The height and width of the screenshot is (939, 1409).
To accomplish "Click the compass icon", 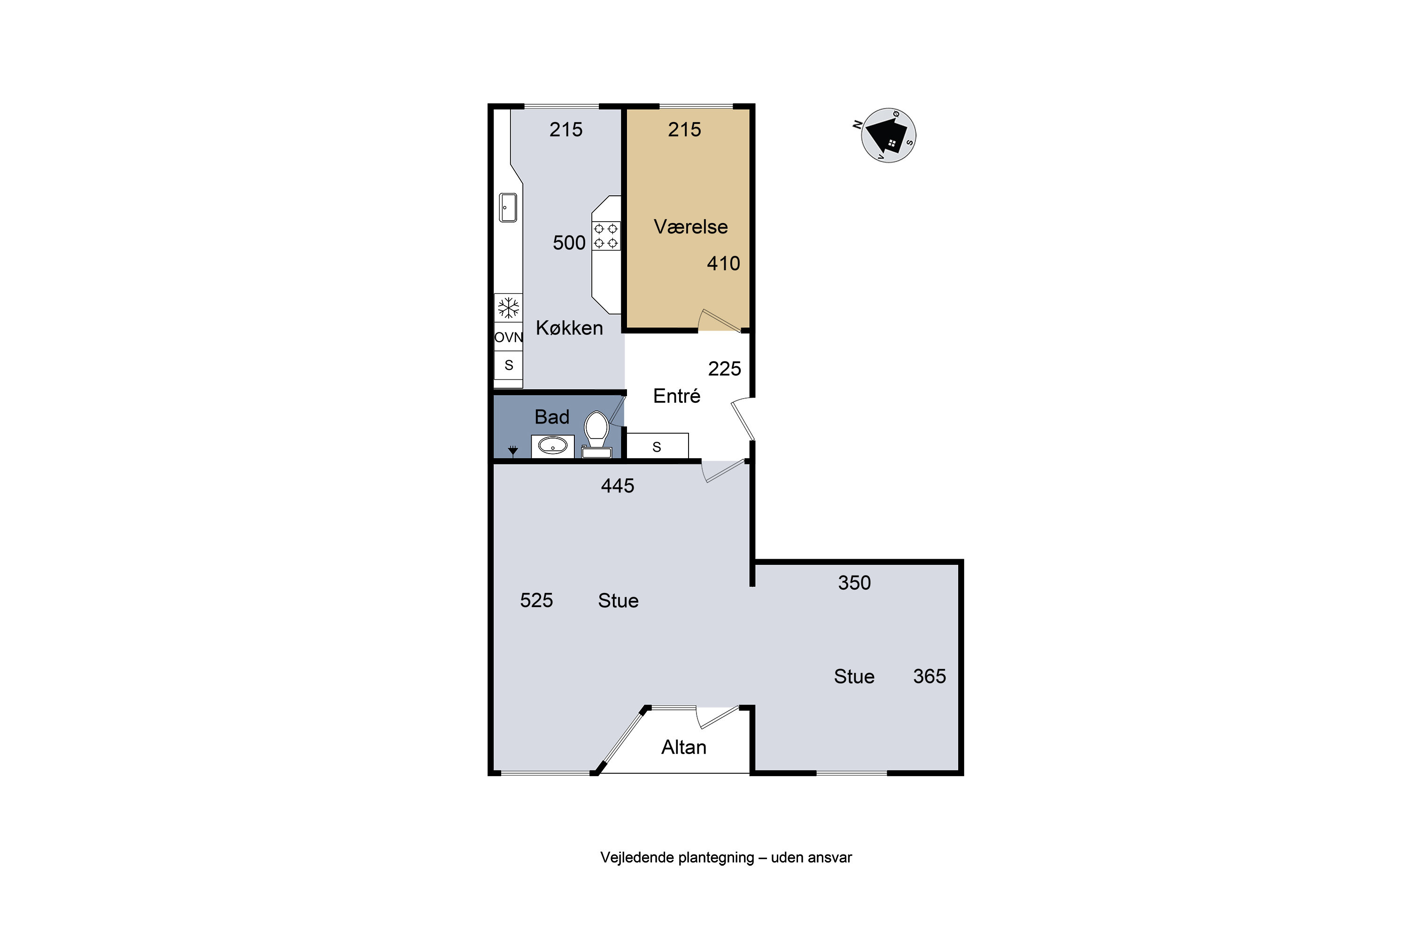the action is (887, 135).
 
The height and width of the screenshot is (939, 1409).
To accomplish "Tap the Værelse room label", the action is (691, 227).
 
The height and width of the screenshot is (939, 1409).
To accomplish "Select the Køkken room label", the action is (569, 328).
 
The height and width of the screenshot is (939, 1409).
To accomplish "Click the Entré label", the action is (676, 396).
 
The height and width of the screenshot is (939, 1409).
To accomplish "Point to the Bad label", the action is (552, 417).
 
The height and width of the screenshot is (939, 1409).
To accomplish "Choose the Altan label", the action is (683, 747).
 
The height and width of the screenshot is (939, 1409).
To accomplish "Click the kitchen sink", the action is (508, 207).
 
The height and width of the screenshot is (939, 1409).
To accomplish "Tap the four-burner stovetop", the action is (606, 236).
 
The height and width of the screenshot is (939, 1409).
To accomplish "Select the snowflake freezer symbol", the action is (509, 308).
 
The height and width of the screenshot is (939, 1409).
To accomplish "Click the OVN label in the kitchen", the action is (509, 337).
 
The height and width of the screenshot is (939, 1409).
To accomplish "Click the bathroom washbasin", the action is (552, 446).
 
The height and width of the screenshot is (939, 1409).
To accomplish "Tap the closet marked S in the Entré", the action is (657, 446).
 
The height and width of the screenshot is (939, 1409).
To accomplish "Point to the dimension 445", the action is (617, 485).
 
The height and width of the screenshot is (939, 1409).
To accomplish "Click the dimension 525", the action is (536, 600).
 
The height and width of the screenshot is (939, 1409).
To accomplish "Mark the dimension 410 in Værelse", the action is (723, 263).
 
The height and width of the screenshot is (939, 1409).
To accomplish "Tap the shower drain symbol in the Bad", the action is (513, 451).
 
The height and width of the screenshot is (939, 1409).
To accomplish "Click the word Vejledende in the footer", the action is (637, 858).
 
